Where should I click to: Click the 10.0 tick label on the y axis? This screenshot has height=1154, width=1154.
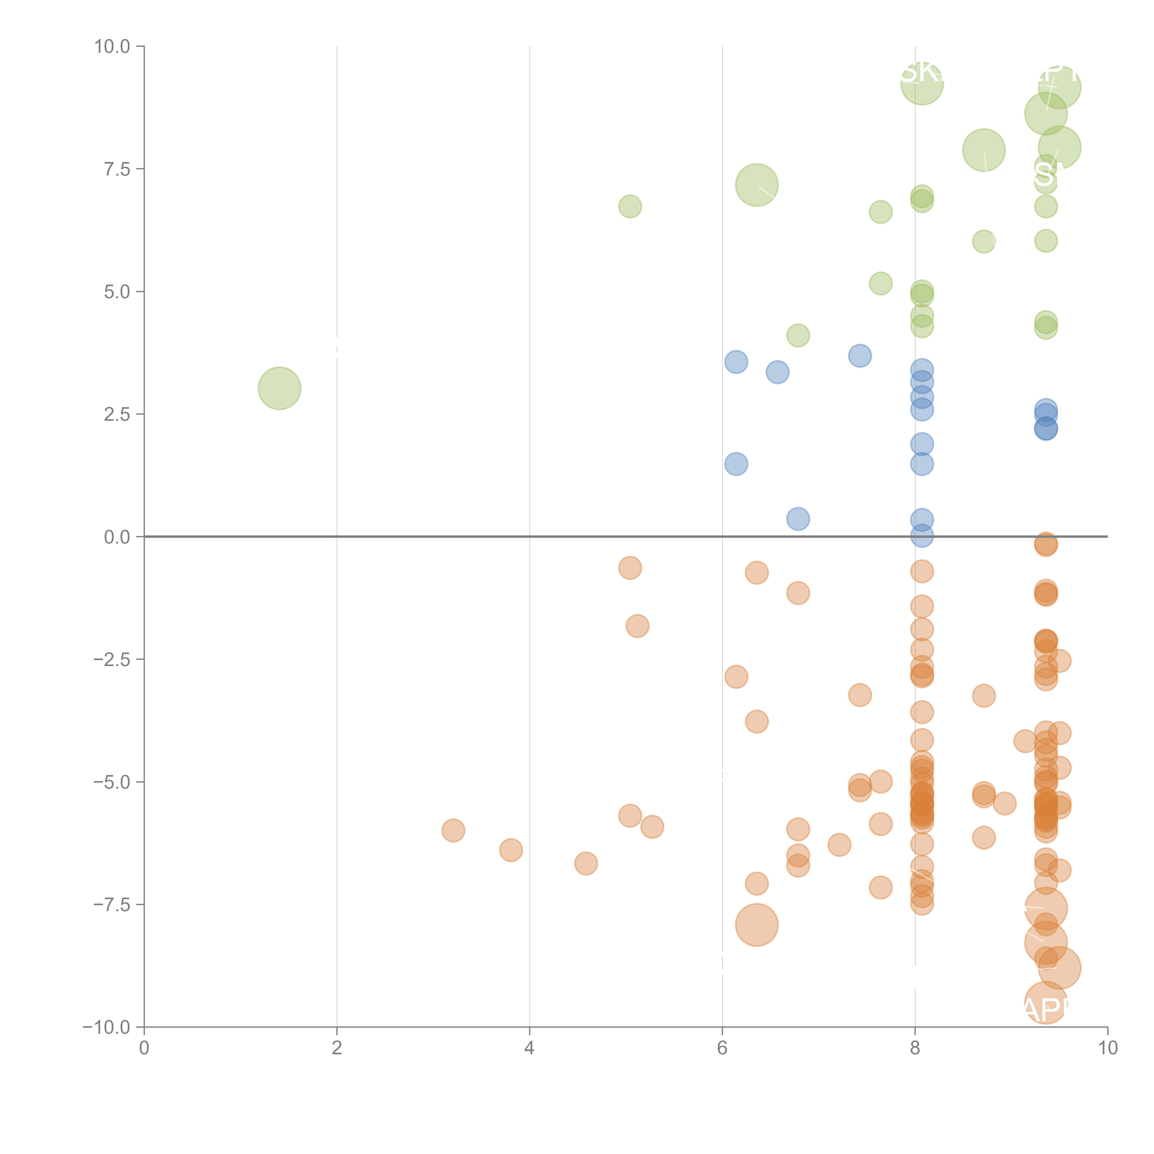click(x=112, y=47)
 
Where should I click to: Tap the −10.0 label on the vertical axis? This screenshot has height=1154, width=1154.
click(x=107, y=1027)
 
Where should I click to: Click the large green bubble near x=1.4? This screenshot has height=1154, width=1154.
click(x=279, y=388)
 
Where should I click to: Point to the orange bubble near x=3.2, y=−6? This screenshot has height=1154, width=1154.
click(x=453, y=830)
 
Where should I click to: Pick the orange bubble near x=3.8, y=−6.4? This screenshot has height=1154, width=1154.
click(x=511, y=850)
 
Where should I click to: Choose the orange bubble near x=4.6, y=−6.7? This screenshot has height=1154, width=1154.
click(x=586, y=863)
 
